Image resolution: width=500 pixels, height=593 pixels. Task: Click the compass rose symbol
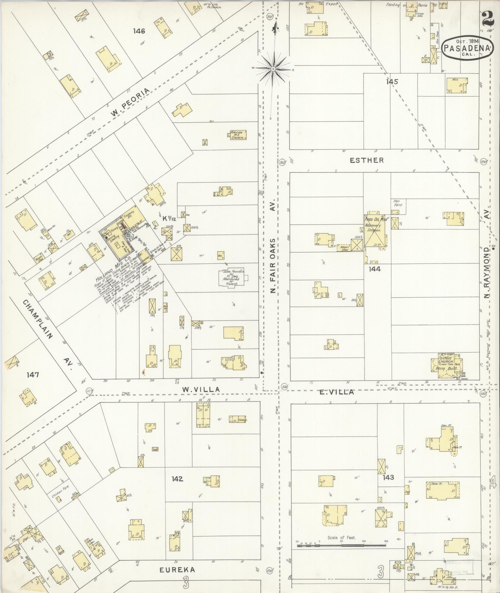[x=273, y=69]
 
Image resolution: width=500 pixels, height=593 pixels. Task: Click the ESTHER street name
[x=367, y=160]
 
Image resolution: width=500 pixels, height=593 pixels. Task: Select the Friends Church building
[x=447, y=365]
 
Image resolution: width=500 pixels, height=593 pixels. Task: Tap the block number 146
[x=139, y=31]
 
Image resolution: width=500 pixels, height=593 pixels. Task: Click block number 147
[x=33, y=375]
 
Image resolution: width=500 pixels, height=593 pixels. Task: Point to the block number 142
[x=177, y=479]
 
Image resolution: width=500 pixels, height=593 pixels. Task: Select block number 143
[x=388, y=477]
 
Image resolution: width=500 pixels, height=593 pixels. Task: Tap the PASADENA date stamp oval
[x=467, y=48]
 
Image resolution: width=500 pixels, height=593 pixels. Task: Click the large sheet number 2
[x=488, y=19]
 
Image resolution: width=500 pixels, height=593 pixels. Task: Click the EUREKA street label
[x=177, y=570]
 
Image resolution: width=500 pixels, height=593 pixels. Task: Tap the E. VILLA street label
[x=337, y=392]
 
